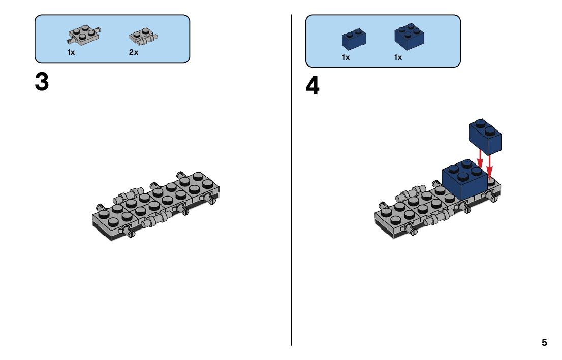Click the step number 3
pyautogui.click(x=42, y=82)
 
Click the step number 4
pyautogui.click(x=313, y=87)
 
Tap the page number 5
pyautogui.click(x=544, y=342)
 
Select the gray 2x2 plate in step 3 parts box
pyautogui.click(x=83, y=35)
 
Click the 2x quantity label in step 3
pyautogui.click(x=134, y=52)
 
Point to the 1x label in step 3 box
pyautogui.click(x=71, y=52)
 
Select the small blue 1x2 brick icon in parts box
pyautogui.click(x=354, y=39)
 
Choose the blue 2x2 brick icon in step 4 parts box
pyautogui.click(x=409, y=36)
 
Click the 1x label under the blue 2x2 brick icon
pyautogui.click(x=398, y=57)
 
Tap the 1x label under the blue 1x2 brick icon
pyautogui.click(x=346, y=57)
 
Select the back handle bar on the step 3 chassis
pyautogui.click(x=130, y=194)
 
